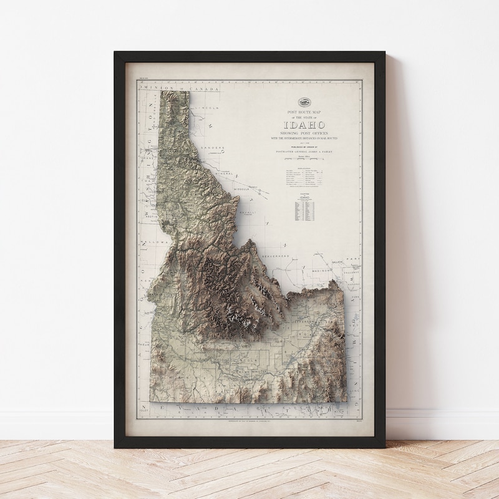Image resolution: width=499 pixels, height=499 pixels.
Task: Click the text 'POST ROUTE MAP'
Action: click(305, 112)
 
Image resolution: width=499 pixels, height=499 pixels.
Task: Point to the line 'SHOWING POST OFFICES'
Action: click(305, 132)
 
